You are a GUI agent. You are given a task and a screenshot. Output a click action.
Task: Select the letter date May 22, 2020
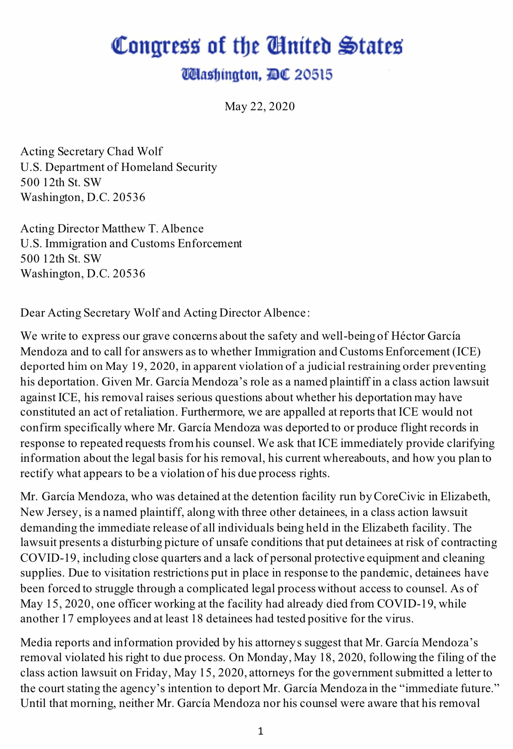click(x=259, y=106)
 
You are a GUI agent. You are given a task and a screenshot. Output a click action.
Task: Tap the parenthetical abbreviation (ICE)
click(x=467, y=352)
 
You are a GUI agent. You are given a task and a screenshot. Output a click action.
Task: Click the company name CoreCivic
click(x=399, y=496)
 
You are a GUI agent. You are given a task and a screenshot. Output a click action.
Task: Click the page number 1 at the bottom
click(x=260, y=732)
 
